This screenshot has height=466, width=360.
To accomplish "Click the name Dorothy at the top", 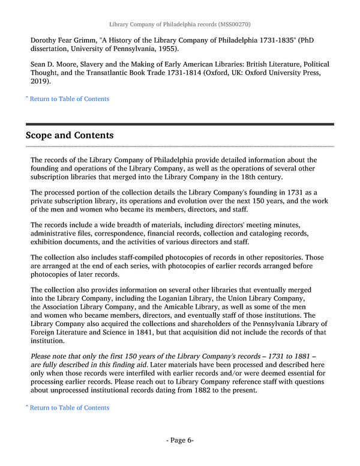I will point(47,41).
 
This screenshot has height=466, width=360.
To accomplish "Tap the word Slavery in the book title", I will point(100,64).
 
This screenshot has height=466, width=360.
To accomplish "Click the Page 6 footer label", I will point(180,440).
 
